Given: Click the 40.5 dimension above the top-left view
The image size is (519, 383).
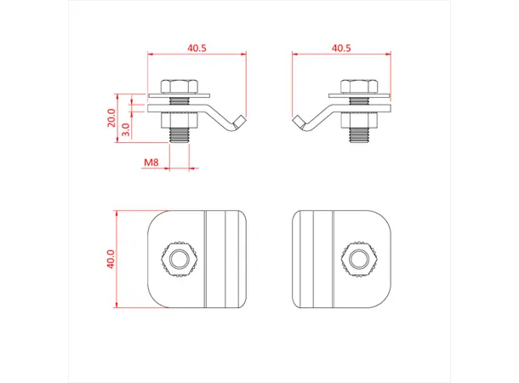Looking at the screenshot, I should pyautogui.click(x=197, y=49).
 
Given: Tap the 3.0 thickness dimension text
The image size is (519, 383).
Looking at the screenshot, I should pyautogui.click(x=126, y=129).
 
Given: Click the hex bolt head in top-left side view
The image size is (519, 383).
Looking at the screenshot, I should pyautogui.click(x=180, y=86).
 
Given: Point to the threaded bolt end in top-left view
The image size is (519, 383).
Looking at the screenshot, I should pyautogui.click(x=180, y=135).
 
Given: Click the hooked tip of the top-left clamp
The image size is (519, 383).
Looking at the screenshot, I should pyautogui.click(x=241, y=121).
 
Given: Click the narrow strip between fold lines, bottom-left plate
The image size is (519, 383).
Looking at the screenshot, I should pyautogui.click(x=216, y=259).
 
